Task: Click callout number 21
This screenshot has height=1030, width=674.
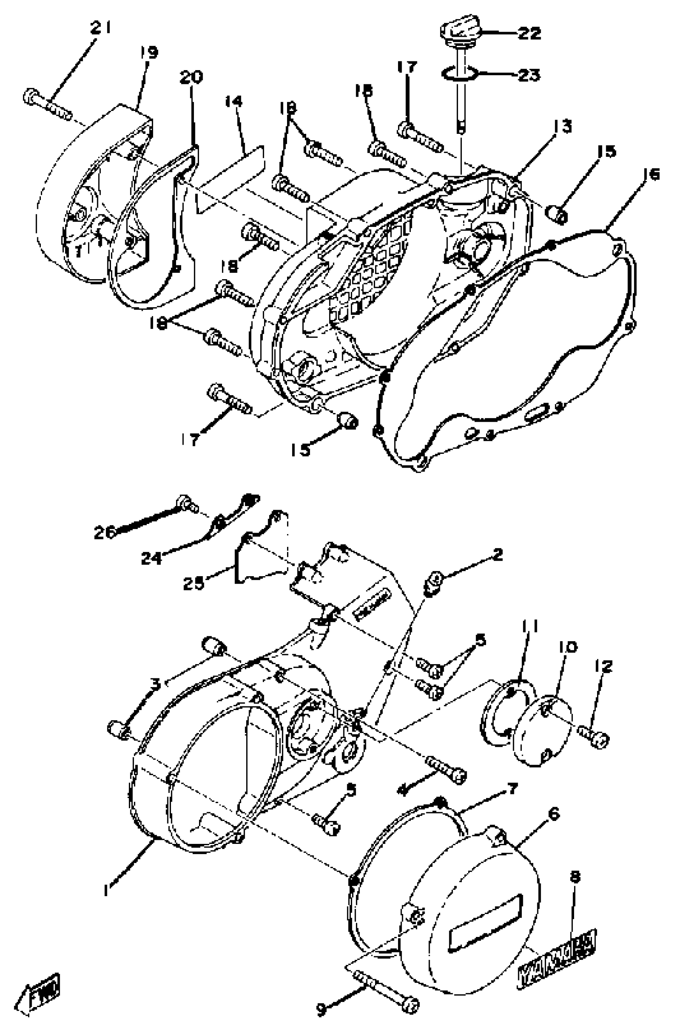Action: click(100, 28)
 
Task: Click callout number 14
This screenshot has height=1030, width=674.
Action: click(234, 102)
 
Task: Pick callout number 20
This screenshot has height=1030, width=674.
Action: click(191, 77)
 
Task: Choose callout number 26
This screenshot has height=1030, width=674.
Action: click(105, 532)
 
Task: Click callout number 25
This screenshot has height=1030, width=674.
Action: click(193, 583)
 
